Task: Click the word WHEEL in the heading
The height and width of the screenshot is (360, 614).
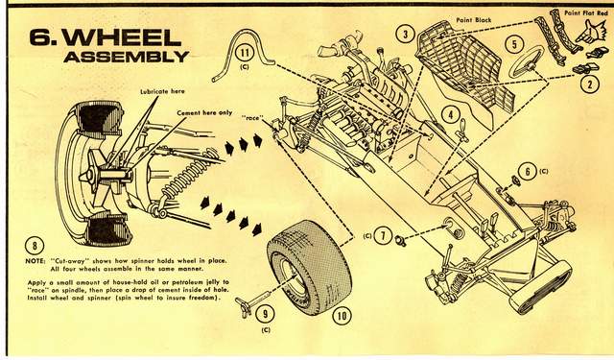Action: coord(122,37)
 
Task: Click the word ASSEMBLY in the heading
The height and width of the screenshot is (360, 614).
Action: coord(127,57)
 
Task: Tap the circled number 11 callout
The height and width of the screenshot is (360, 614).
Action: coord(246,53)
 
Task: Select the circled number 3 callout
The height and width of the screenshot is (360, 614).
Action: coord(405,35)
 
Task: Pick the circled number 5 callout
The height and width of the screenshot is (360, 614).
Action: coord(514,44)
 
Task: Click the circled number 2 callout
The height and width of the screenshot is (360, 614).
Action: coord(589,84)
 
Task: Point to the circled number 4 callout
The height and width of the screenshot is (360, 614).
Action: coord(451,115)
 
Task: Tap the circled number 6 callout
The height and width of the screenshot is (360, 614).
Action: coord(528,172)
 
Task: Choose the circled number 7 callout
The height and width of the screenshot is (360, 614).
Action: coord(383,236)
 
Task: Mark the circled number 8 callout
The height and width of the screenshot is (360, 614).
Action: coord(35,246)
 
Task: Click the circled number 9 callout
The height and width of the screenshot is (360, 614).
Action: coord(265,314)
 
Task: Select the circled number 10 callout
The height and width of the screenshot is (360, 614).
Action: coord(342,315)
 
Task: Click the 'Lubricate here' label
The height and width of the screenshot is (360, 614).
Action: coord(162,91)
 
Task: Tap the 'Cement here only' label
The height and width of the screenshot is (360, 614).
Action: coord(204,113)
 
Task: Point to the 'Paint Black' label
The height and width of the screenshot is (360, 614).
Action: coord(474,19)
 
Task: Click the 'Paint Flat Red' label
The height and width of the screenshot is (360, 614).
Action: coord(586,12)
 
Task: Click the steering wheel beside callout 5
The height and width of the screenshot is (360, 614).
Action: coord(527,61)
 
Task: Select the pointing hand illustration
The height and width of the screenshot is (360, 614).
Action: coord(590,32)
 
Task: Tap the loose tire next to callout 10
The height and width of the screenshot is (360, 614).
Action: coord(309,266)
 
